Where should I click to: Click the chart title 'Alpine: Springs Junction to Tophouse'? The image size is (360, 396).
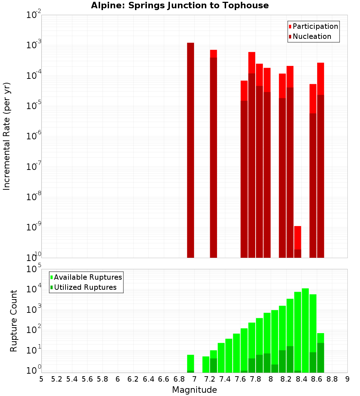[x=180, y=5]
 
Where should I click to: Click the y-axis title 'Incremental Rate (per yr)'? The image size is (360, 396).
[x=7, y=136]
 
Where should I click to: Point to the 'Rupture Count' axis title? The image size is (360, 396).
[x=14, y=321]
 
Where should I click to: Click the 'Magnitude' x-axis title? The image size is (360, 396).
[x=194, y=390]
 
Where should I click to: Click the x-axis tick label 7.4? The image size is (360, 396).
[x=225, y=379]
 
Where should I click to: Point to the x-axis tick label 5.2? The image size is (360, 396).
[x=57, y=379]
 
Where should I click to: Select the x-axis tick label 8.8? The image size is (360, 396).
[x=332, y=379]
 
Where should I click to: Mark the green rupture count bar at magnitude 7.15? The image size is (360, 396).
[x=206, y=364]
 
